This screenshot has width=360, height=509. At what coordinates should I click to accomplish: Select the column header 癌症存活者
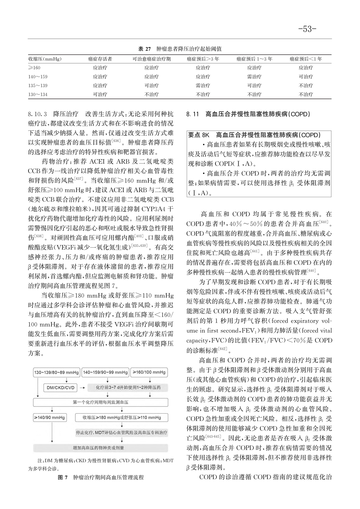click(100, 59)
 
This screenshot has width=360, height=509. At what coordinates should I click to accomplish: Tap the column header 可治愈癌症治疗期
click(151, 59)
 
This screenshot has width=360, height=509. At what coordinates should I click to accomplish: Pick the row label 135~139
click(38, 86)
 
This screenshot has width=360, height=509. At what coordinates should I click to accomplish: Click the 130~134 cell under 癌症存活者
click(100, 95)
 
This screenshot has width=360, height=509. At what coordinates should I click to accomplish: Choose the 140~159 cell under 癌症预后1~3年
click(254, 77)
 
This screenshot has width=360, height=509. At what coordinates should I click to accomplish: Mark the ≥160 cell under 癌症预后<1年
click(306, 68)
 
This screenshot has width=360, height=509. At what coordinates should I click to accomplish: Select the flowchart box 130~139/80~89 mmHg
click(57, 372)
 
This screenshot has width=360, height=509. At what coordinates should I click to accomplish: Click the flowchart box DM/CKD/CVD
click(61, 387)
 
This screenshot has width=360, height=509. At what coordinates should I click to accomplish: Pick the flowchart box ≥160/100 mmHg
click(149, 372)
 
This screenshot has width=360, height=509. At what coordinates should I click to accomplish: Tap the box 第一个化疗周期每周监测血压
click(100, 402)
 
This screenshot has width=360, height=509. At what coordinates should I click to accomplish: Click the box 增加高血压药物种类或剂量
click(100, 448)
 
